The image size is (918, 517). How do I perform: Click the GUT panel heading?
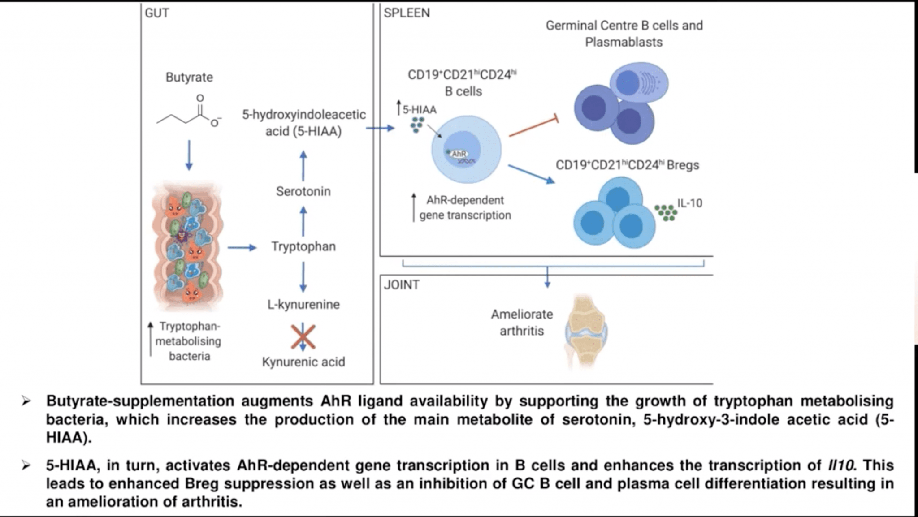coord(157,13)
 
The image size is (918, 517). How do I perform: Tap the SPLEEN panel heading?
coord(406,13)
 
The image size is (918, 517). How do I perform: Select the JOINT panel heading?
coord(401,285)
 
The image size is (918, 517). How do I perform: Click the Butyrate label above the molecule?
coord(189,77)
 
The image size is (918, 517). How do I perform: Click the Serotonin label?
coord(303,191)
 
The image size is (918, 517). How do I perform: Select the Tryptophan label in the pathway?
coord(303,246)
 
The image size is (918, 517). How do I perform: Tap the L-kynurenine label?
coord(303,304)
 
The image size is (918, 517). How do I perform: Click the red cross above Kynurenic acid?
coord(303,337)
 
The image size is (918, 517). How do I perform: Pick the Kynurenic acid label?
coord(303,362)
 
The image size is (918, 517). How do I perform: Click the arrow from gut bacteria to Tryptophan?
coord(242,247)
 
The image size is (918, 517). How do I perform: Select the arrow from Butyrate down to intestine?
coord(189,155)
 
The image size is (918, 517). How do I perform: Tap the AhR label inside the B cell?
coord(459,154)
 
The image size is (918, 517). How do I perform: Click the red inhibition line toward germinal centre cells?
coord(533,127)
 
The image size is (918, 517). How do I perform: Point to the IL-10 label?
coord(689,203)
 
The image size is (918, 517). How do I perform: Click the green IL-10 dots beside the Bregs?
coord(666,212)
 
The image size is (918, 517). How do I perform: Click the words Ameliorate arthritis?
coord(522,323)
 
